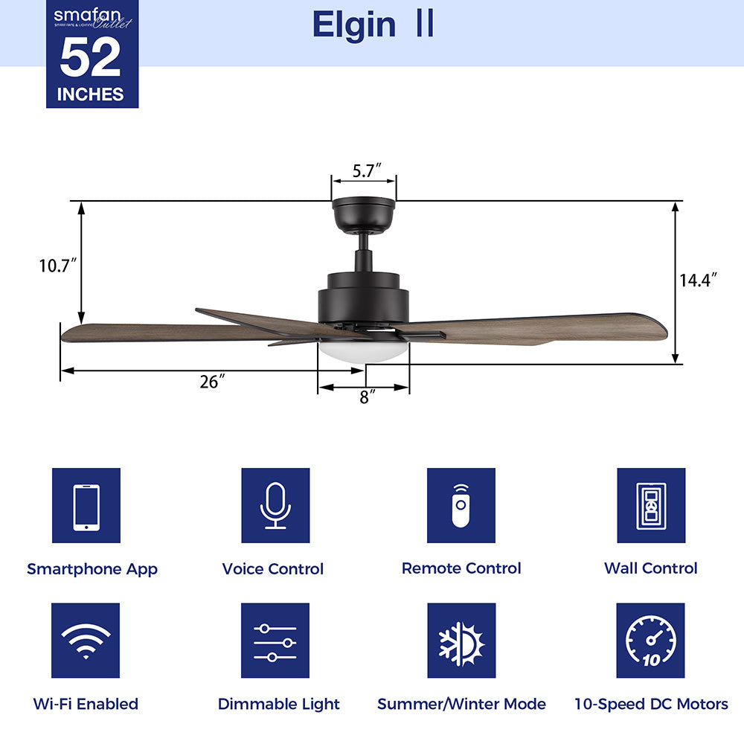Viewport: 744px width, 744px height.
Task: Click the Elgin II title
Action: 373,25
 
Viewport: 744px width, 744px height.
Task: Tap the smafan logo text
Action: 83,15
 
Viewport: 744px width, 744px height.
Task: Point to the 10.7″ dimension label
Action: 58,265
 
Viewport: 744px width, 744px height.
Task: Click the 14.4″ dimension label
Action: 698,280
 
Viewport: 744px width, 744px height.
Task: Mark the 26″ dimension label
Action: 212,382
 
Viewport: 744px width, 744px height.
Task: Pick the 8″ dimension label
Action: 365,397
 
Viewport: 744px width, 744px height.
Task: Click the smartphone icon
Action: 86,506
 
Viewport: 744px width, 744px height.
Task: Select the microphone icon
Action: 275,506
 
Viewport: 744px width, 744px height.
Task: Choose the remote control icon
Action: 461,506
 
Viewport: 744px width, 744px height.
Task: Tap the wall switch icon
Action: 651,506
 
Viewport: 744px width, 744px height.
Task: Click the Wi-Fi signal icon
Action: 86,641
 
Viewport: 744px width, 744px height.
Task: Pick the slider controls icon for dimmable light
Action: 275,641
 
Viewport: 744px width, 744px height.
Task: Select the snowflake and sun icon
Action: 461,641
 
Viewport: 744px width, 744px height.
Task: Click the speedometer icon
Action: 651,641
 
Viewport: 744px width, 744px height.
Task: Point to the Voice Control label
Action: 273,569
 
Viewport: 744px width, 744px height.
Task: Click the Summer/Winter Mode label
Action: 461,704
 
